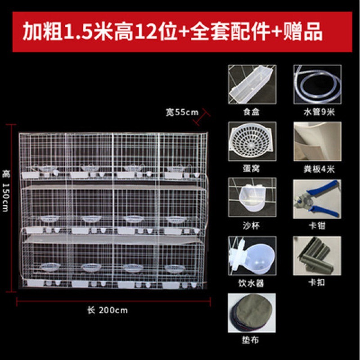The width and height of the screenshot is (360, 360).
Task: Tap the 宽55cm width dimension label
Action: [182, 112]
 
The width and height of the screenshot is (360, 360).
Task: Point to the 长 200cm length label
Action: [108, 310]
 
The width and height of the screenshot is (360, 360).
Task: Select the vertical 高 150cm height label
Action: [5, 191]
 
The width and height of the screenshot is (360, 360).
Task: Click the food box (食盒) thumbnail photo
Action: [252, 85]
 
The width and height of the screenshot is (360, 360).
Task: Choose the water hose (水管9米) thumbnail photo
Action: [318, 85]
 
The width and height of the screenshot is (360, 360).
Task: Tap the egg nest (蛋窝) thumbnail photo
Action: [252, 141]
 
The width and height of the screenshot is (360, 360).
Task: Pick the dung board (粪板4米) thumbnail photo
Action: [318, 141]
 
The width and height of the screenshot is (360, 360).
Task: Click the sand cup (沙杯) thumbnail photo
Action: [252, 197]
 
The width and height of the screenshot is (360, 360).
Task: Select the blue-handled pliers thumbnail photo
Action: [317, 199]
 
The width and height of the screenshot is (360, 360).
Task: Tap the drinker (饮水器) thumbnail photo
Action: [252, 256]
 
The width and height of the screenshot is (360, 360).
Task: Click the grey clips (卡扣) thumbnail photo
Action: [317, 256]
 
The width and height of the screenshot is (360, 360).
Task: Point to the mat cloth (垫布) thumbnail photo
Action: [252, 313]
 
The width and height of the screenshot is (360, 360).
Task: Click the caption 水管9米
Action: [319, 112]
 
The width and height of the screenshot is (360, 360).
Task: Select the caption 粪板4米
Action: [319, 169]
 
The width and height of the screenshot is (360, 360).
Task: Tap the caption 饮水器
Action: [251, 283]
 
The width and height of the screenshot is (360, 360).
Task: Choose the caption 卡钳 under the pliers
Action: [317, 226]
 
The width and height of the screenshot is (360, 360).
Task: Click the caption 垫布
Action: [250, 340]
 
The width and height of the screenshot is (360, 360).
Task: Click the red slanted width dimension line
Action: [202, 117]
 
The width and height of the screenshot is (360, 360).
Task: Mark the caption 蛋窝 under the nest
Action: [251, 169]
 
